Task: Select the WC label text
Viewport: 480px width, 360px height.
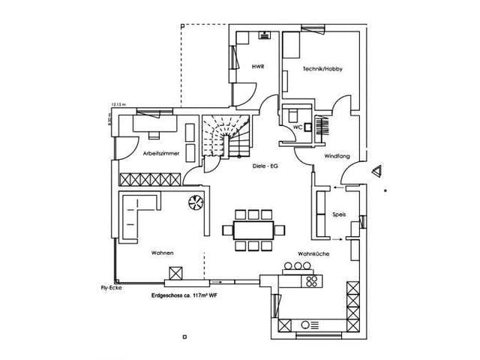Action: [x=297, y=127]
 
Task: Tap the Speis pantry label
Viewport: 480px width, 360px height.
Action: [x=340, y=215]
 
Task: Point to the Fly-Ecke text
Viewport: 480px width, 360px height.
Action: [x=111, y=288]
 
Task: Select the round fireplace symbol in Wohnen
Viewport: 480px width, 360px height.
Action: [x=196, y=202]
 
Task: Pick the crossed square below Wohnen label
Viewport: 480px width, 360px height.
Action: [x=177, y=274]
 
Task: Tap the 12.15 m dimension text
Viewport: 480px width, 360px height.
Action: [x=118, y=105]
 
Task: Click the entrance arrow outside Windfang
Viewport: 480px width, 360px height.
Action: [x=379, y=169]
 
